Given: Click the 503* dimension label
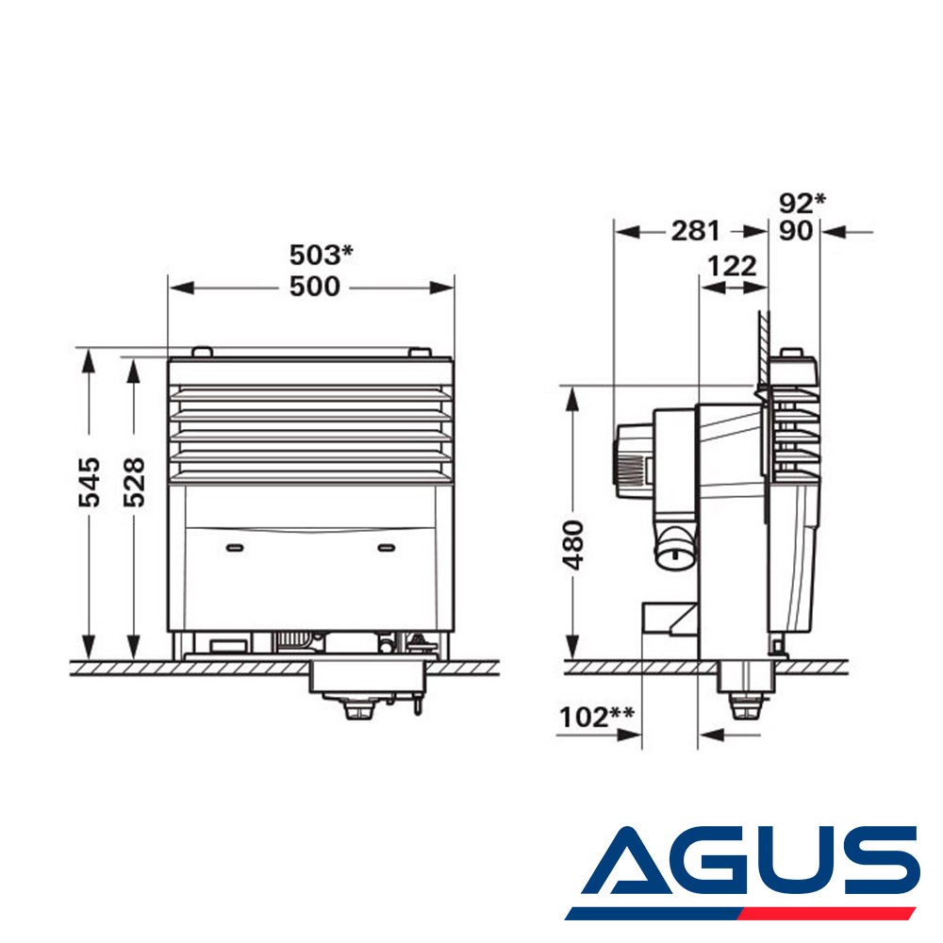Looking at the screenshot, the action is click(322, 255).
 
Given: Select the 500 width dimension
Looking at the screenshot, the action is click(315, 287).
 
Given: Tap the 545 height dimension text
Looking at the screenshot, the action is click(90, 482).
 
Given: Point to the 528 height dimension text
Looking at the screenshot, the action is click(134, 482).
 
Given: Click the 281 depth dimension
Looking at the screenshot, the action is click(695, 231).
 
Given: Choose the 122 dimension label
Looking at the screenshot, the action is click(732, 266).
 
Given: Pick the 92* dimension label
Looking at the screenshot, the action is click(802, 204).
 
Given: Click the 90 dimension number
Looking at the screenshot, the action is click(796, 231).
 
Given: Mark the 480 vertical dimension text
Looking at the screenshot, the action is click(573, 545).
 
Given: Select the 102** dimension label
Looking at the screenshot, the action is click(597, 717).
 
